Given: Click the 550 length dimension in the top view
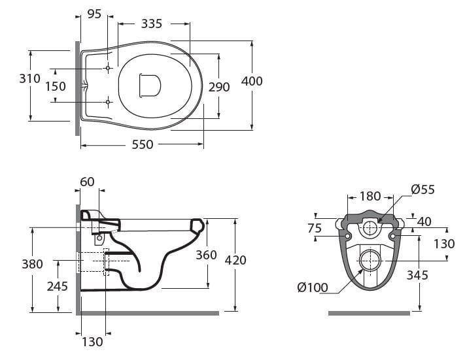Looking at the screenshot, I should pos(143,144).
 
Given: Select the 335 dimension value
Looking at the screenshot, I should pos(151,24).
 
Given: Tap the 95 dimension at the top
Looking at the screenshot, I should pos(94,14).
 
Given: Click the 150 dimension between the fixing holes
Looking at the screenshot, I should pos(56,86).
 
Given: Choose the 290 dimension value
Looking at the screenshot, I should pos(219,86).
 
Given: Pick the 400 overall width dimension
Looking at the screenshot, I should pos(252,81).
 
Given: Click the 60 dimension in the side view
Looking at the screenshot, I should pos(87,181).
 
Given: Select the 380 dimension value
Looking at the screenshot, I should pos(31,264).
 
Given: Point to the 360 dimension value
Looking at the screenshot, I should pos(206,255).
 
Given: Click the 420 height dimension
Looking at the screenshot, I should pos(235,260).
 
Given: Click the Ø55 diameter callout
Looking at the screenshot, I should pos(422,189).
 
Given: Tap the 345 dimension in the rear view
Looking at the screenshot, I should pos(417,275).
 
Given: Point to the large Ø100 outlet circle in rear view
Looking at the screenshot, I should pos(370,259).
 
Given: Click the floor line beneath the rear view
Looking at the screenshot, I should pos(369,313).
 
